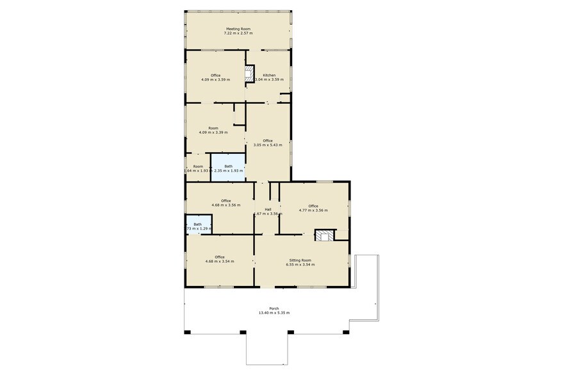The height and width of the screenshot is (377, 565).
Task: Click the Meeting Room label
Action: coord(237,29)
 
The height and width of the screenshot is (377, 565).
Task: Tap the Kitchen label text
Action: coord(269,75)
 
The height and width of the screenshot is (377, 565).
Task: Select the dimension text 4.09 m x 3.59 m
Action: coord(215,80)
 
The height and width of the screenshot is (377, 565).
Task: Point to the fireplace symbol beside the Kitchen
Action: coord(250,74)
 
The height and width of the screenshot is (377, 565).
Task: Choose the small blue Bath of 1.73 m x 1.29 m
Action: coord(198,225)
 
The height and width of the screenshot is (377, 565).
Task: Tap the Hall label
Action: coord(268,210)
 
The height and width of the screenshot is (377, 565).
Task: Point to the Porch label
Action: coord(274,308)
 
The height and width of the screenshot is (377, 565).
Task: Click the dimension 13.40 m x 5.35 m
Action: coord(274,313)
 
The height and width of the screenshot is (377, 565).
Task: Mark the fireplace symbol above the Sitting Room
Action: coord(324,235)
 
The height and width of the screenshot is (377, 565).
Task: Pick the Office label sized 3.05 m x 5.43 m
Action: coord(268,140)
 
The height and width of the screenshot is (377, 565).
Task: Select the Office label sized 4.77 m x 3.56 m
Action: coord(313,206)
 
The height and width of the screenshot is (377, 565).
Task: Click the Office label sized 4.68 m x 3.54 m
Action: coord(220,257)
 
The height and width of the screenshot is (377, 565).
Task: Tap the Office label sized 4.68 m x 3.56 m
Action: coord(225,201)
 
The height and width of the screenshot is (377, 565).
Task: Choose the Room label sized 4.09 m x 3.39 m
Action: coord(213,128)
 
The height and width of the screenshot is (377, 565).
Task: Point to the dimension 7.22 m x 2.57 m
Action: coord(237,33)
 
